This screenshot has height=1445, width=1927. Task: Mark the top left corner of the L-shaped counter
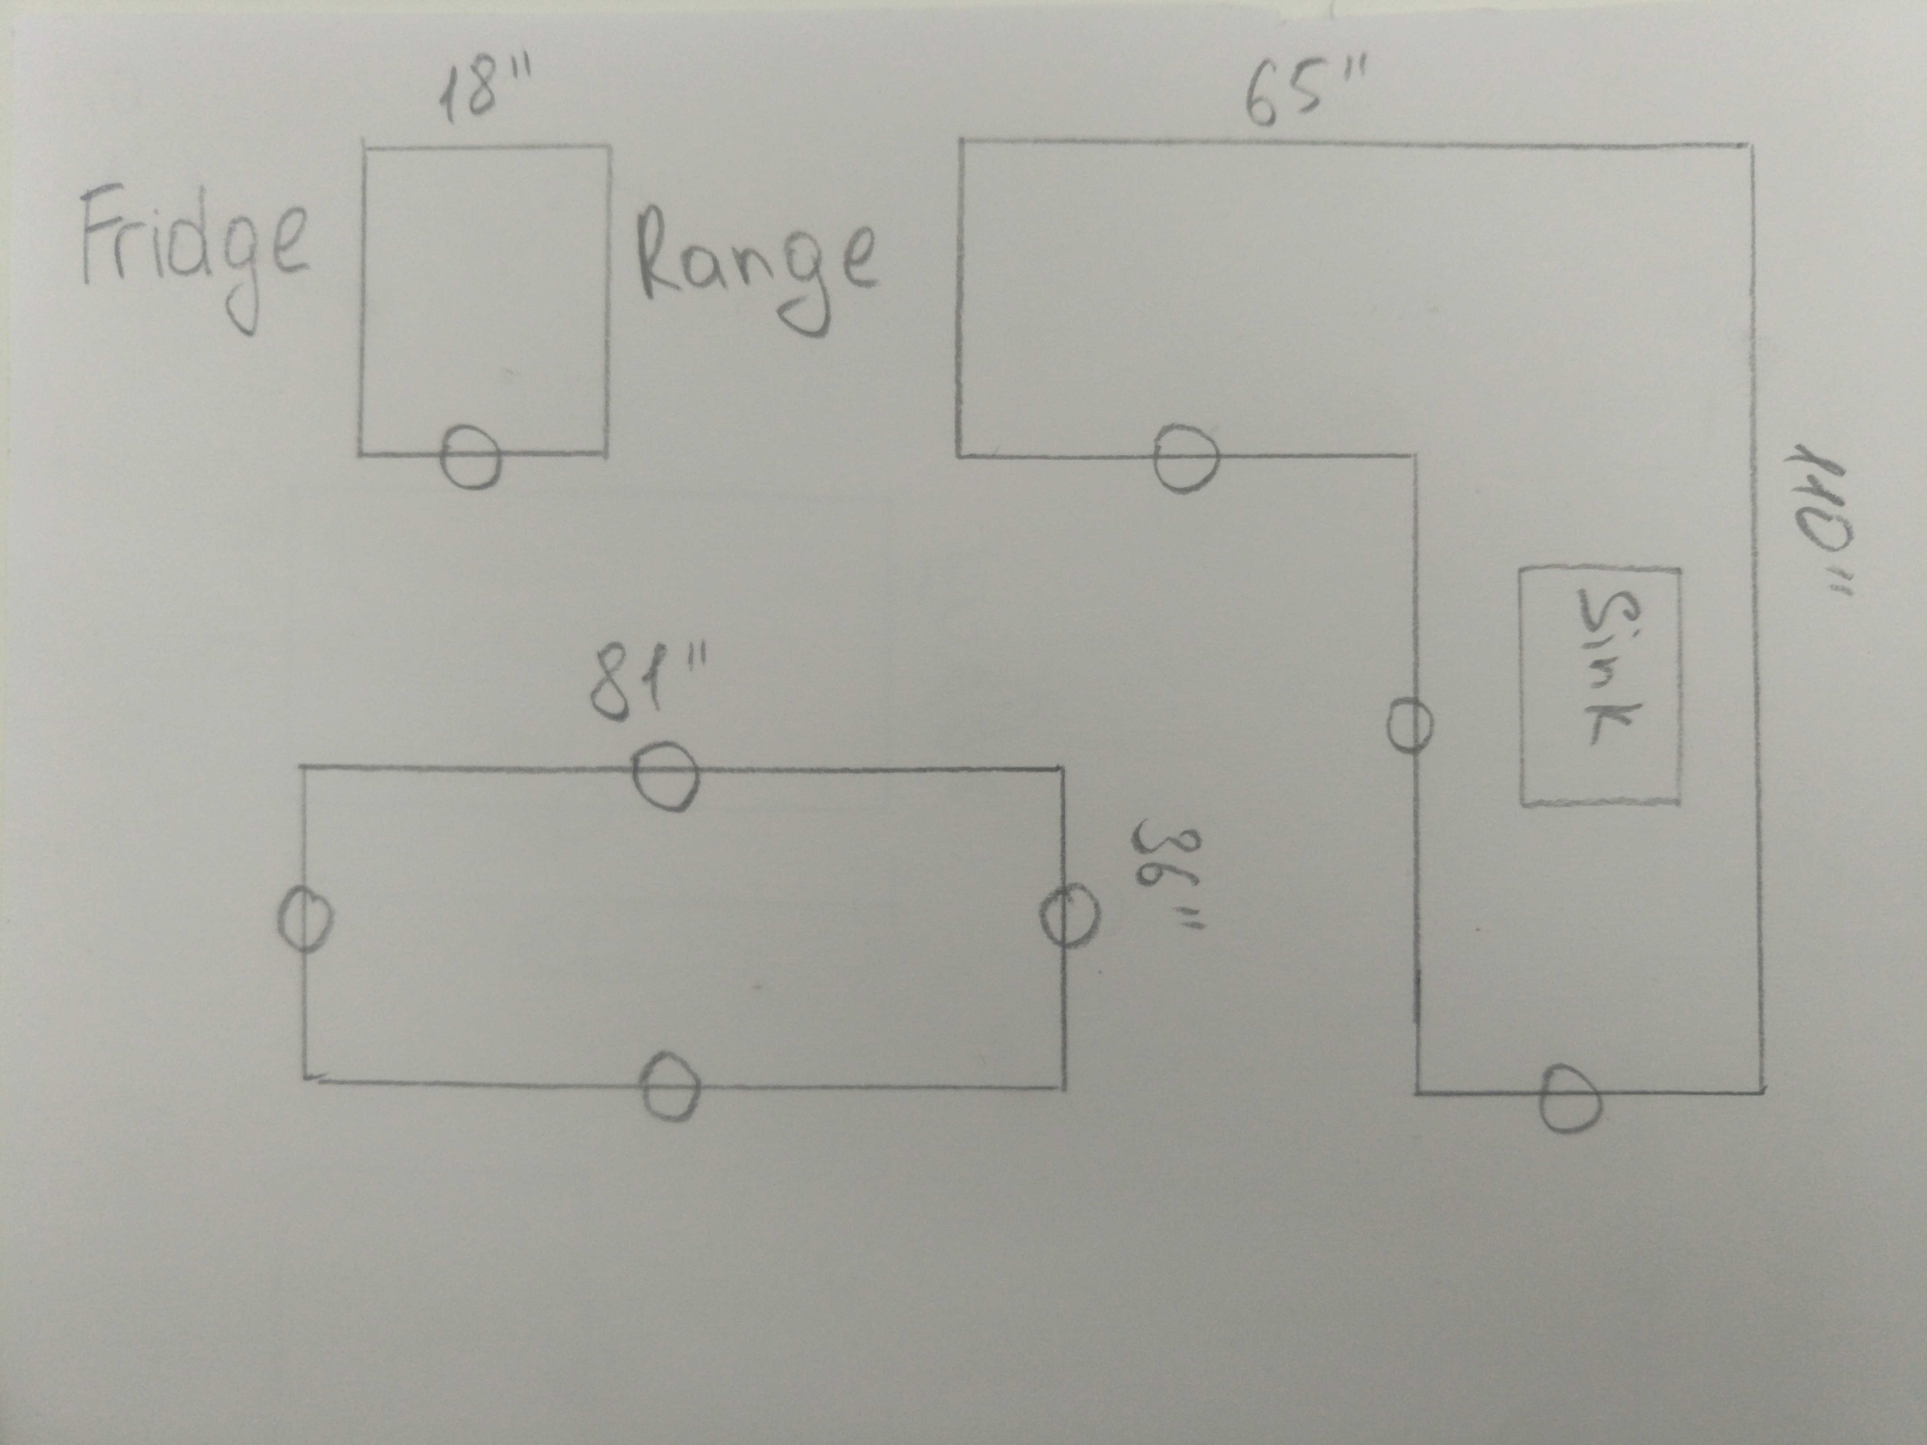pyautogui.click(x=961, y=139)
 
